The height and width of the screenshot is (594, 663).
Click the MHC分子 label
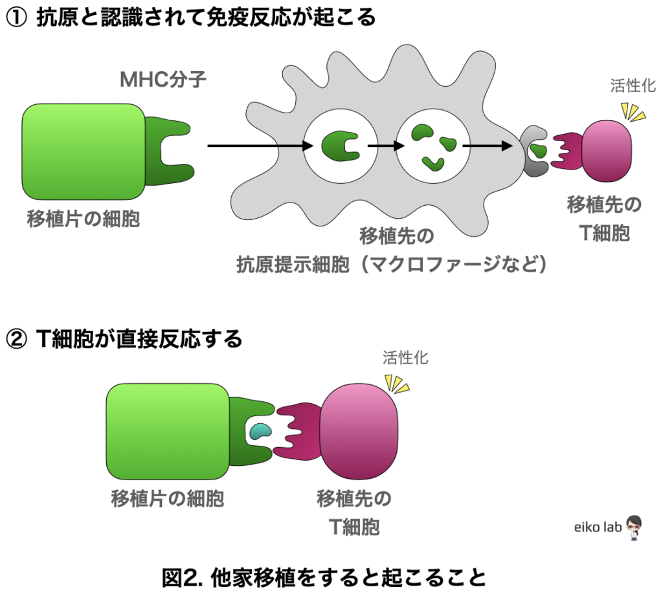(163, 80)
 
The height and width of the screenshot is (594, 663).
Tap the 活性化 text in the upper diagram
(633, 86)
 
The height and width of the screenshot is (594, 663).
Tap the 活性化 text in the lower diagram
(405, 358)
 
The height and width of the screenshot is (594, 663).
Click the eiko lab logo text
(598, 527)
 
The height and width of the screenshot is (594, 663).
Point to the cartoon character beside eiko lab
(634, 527)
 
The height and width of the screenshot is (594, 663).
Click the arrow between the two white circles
(382, 146)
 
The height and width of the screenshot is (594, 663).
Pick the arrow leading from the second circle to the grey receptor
(487, 146)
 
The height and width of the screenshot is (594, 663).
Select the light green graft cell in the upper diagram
(84, 151)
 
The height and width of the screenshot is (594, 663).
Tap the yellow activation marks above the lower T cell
(397, 384)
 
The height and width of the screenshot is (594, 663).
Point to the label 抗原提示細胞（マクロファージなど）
(391, 265)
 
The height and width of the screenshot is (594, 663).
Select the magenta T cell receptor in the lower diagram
(299, 432)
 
